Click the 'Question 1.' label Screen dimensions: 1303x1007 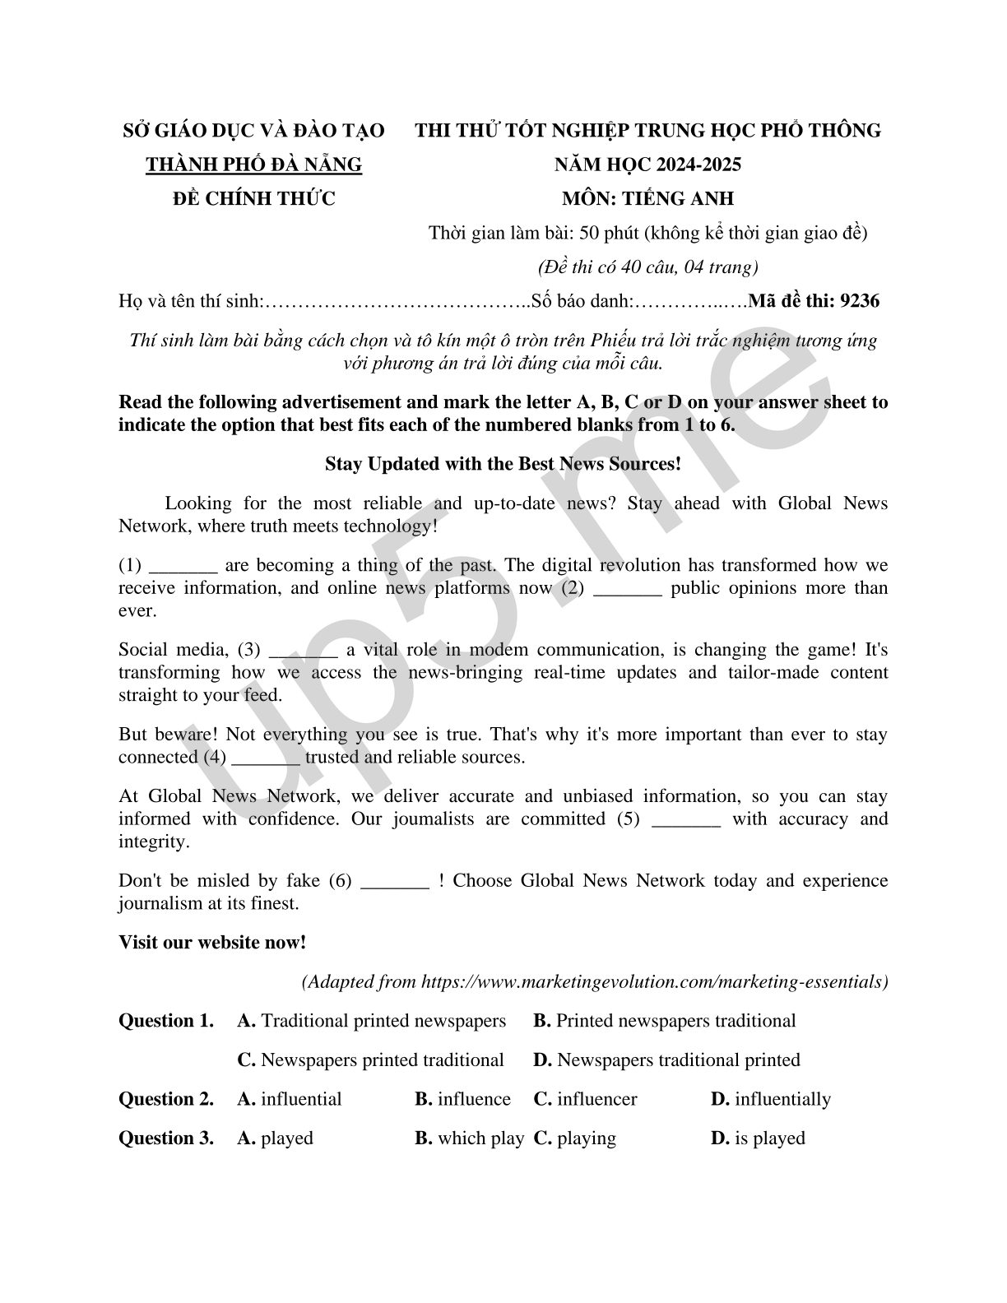(x=166, y=1021)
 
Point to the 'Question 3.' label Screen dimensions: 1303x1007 (x=166, y=1138)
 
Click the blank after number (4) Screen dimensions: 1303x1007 (x=266, y=758)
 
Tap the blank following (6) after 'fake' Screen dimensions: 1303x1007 (x=395, y=883)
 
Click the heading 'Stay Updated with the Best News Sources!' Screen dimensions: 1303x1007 (x=503, y=464)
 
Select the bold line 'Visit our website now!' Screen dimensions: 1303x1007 (x=212, y=943)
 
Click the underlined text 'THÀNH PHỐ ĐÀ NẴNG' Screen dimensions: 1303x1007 (x=253, y=165)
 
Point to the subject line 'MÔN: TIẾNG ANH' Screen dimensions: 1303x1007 (x=647, y=198)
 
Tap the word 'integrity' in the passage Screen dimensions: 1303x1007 (x=152, y=842)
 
